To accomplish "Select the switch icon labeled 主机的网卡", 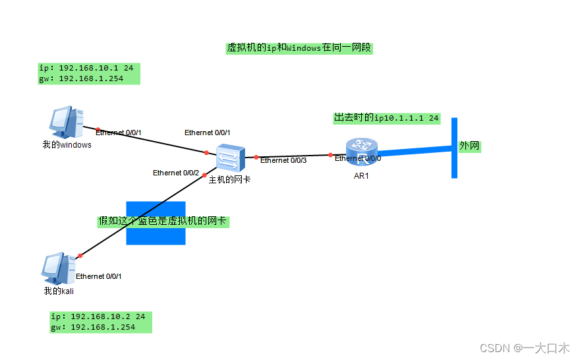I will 231,157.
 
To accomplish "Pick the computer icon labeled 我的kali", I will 57,268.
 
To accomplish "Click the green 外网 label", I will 469,146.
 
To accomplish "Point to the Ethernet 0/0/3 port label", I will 283,160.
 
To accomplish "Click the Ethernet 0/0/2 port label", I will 176,173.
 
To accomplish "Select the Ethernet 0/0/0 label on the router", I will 358,158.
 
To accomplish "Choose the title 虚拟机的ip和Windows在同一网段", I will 300,48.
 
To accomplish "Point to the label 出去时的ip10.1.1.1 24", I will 386,118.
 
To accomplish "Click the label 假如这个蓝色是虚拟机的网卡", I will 162,221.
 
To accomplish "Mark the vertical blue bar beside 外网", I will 454,148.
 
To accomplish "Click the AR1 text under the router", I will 362,175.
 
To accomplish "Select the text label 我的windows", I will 67,145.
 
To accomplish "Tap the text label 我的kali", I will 59,291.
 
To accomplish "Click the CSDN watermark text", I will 524,348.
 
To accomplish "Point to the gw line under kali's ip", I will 92,327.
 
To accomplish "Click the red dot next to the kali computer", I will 80,255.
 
